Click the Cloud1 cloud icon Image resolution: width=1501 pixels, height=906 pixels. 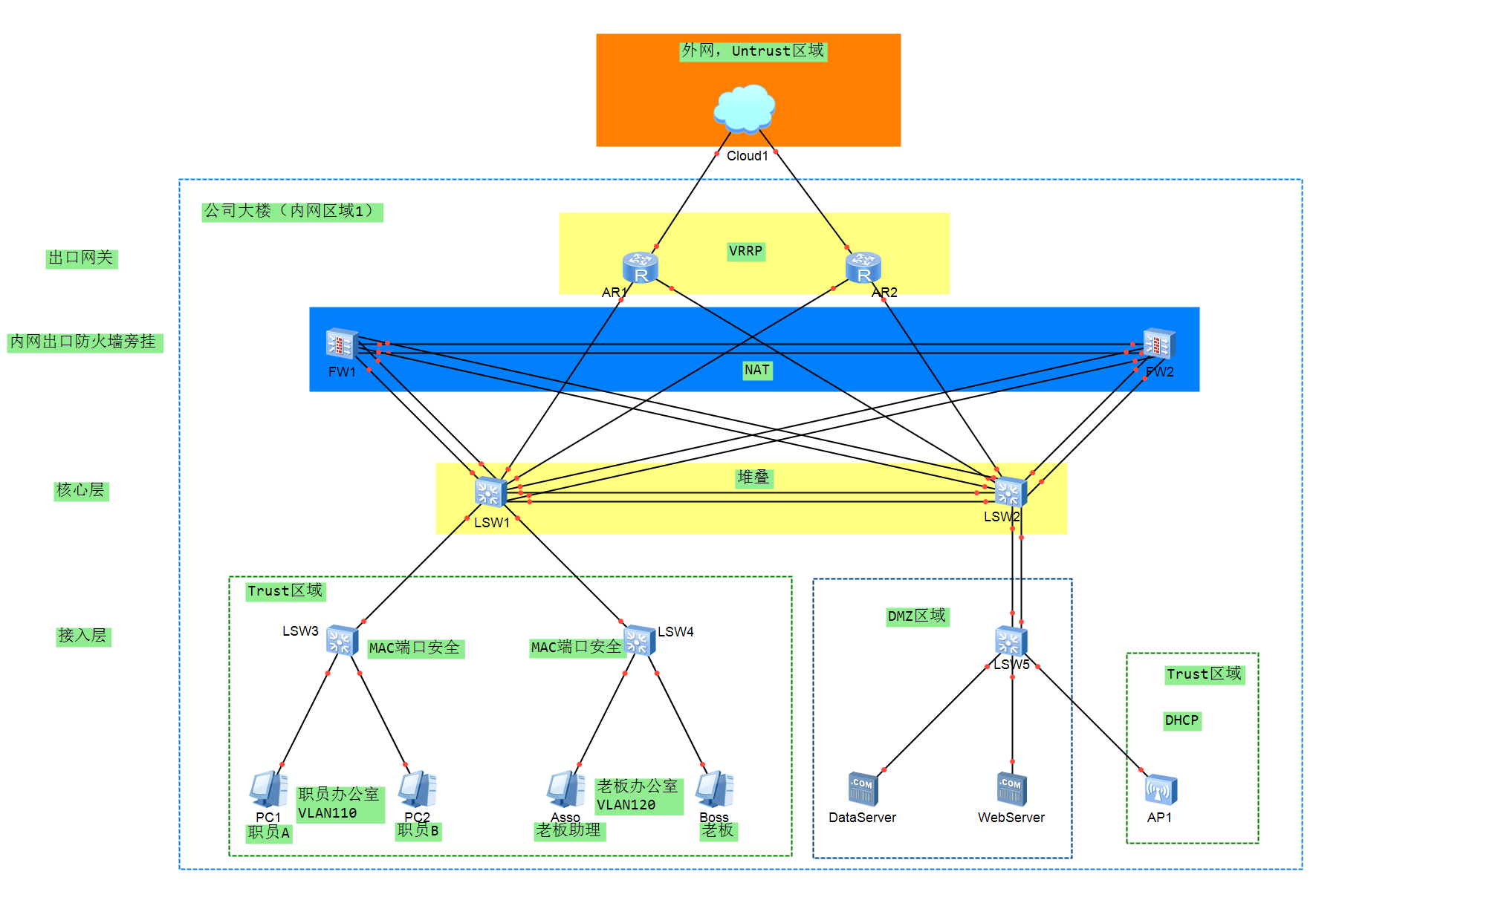pos(744,108)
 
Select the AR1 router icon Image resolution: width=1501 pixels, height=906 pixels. pos(640,268)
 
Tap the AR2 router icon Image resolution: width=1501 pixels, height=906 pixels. pos(863,268)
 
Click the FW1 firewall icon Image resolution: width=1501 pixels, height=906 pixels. pos(342,344)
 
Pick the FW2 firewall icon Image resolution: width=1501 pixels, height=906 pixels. pos(1158,344)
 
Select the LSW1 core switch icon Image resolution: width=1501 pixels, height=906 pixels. pos(490,492)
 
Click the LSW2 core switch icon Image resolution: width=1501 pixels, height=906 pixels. pos(1011,492)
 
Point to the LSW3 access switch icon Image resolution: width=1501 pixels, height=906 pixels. pos(342,640)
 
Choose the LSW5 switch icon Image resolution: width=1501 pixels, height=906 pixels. pos(1011,641)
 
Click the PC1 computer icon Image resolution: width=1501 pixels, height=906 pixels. pos(268,789)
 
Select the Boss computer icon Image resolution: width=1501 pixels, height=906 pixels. pos(714,789)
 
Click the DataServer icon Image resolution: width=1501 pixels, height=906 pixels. pos(863,789)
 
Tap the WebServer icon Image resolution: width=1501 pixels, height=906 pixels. pos(1011,789)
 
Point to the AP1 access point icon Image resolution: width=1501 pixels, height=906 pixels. pos(1161,789)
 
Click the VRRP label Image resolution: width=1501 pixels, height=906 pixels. pos(745,251)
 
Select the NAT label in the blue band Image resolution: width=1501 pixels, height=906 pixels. pos(757,370)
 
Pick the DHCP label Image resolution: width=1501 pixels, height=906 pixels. pos(1181,720)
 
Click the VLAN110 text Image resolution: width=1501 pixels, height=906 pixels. pos(327,813)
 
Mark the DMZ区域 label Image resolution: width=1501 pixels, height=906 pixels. pos(917,616)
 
